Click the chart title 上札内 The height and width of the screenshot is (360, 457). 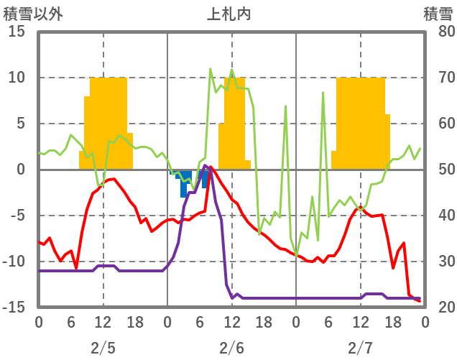tap(228, 12)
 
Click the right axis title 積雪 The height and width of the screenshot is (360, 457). tap(437, 12)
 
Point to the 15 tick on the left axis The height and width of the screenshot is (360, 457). tap(16, 32)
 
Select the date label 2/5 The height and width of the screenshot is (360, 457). tap(103, 349)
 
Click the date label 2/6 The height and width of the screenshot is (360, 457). tap(231, 349)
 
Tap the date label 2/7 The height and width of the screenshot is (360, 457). tap(360, 349)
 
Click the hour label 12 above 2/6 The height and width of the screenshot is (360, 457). tap(231, 321)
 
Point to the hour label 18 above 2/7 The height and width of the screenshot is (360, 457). tap(392, 321)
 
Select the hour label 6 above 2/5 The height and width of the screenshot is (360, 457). tap(70, 321)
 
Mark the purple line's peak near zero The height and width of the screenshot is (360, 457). tap(206, 166)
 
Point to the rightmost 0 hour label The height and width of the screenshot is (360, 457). tap(425, 321)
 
